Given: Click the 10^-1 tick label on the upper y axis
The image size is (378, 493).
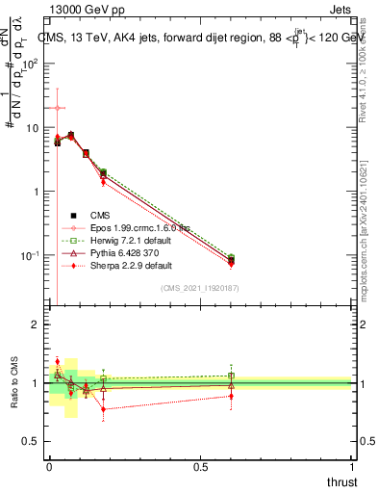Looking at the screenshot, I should pos(28,256).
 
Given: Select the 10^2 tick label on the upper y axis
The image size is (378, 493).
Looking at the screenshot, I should pos(29,64).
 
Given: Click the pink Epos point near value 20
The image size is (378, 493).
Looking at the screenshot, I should pos(58,108).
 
